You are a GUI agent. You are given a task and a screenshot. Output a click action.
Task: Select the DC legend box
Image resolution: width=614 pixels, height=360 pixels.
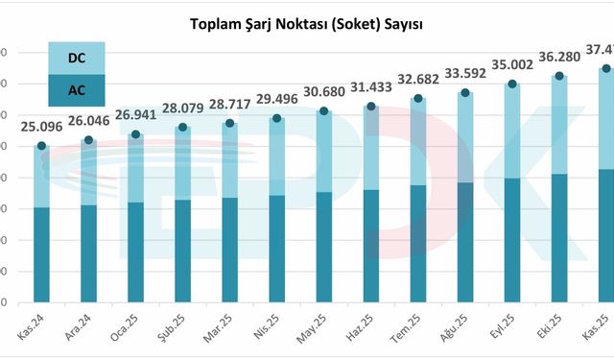tap(76, 59)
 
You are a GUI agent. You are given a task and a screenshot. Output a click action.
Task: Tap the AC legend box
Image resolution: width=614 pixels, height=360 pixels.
tap(76, 91)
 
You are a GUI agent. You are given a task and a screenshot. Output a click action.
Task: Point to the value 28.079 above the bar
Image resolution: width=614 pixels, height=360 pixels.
tap(181, 108)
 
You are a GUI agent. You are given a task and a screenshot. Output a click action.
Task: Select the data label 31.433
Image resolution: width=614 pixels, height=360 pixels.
tap(369, 86)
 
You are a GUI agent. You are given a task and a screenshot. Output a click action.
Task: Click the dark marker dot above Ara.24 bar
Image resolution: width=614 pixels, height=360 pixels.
tap(88, 140)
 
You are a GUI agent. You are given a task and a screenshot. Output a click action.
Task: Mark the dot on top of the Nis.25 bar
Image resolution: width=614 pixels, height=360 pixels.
tap(276, 118)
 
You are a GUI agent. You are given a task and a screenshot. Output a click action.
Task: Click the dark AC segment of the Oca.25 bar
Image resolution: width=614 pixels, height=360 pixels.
tap(135, 250)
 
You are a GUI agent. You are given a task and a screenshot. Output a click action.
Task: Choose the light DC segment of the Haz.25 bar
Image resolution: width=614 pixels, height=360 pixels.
tap(370, 149)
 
